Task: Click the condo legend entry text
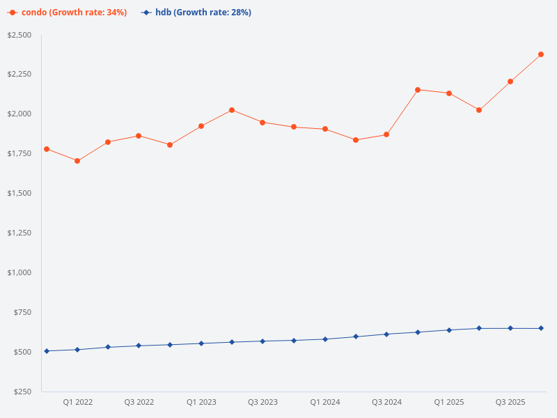pyautogui.click(x=74, y=13)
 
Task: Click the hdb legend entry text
pyautogui.click(x=203, y=13)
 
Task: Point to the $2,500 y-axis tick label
pyautogui.click(x=19, y=35)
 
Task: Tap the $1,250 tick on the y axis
pyautogui.click(x=19, y=233)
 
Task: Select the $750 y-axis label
pyautogui.click(x=23, y=312)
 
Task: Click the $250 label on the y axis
pyautogui.click(x=23, y=392)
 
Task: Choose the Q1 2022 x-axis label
pyautogui.click(x=77, y=402)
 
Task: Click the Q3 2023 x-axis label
pyautogui.click(x=262, y=402)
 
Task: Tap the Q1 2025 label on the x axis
pyautogui.click(x=449, y=402)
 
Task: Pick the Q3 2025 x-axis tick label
pyautogui.click(x=510, y=402)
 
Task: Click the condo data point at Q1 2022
pyautogui.click(x=77, y=161)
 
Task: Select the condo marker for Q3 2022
pyautogui.click(x=139, y=136)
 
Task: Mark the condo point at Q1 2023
pyautogui.click(x=201, y=126)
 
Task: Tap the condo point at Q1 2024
pyautogui.click(x=325, y=129)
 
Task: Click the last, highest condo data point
pyautogui.click(x=541, y=54)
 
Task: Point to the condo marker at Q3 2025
pyautogui.click(x=510, y=82)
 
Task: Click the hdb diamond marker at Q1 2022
pyautogui.click(x=77, y=350)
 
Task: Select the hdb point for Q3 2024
pyautogui.click(x=386, y=334)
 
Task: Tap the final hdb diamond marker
pyautogui.click(x=541, y=328)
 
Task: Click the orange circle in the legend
pyautogui.click(x=13, y=13)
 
